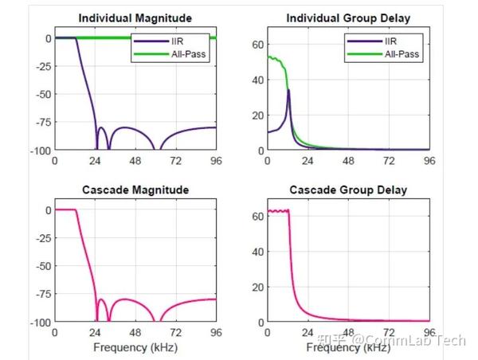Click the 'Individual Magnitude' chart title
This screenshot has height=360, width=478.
coord(135,18)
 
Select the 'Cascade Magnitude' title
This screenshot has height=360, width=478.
coord(135,190)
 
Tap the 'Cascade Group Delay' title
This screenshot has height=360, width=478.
coord(347,190)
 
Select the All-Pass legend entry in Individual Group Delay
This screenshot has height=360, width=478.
coord(402,54)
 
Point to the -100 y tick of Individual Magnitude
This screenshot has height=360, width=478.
coord(38,150)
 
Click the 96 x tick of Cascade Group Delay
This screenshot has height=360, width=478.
coord(429,333)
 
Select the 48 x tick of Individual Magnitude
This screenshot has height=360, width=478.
coord(135,161)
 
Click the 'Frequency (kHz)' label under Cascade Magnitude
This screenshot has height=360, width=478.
coord(135,347)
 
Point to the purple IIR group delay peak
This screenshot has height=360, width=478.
coord(288,90)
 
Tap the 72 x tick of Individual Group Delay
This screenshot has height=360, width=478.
coord(388,161)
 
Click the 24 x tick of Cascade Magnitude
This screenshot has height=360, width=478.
coord(94,333)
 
